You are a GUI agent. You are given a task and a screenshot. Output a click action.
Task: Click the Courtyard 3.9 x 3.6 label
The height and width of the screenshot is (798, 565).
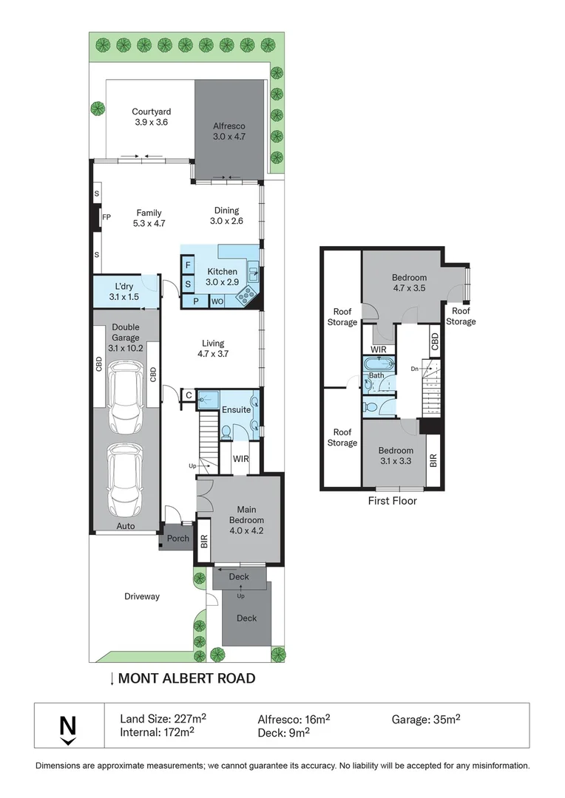[152, 117]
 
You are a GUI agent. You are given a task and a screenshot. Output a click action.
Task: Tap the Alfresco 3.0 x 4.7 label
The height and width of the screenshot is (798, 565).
[229, 131]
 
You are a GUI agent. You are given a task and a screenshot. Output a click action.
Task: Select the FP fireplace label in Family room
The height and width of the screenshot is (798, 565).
[106, 217]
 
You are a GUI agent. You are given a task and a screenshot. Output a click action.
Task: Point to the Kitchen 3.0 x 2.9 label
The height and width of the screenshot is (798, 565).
[222, 276]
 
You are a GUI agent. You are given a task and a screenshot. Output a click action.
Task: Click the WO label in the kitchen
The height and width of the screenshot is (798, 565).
[218, 301]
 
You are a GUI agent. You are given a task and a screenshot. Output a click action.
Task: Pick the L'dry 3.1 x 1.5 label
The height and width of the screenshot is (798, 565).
[123, 291]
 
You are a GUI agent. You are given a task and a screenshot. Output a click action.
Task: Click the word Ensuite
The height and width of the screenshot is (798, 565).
[236, 409]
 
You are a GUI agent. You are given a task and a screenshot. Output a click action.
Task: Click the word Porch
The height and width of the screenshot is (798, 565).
[178, 539]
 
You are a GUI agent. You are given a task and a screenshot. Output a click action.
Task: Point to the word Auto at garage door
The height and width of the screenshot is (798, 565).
[125, 527]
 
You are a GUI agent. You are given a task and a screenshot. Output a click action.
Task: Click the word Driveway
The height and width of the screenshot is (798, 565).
[141, 596]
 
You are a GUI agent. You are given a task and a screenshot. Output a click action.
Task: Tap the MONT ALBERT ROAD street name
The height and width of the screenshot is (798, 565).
[186, 678]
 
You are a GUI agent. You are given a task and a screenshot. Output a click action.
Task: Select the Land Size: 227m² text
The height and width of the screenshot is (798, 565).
[163, 718]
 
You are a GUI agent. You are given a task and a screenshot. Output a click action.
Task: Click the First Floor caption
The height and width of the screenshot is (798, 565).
[392, 501]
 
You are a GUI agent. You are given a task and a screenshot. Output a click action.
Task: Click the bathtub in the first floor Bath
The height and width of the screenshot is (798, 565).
[379, 364]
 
